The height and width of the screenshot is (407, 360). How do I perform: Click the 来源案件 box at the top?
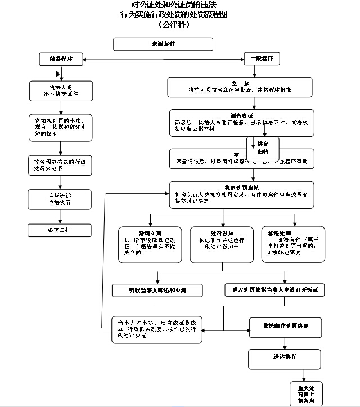pos(163,44)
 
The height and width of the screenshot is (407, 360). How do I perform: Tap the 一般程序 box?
pos(262,59)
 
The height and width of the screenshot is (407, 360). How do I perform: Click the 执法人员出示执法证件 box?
pos(60,91)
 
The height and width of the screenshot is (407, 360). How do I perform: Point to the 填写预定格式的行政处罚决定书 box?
pos(60,164)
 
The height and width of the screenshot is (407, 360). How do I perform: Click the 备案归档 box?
pos(60,230)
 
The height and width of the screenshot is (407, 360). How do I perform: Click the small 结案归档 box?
pos(263,147)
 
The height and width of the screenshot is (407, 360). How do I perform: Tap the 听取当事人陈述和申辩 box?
pos(157,290)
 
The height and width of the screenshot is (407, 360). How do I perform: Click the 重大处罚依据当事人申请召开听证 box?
pos(274,290)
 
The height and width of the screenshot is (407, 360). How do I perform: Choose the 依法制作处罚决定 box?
pos(285,326)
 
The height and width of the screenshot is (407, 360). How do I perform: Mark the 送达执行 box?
pos(285,359)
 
